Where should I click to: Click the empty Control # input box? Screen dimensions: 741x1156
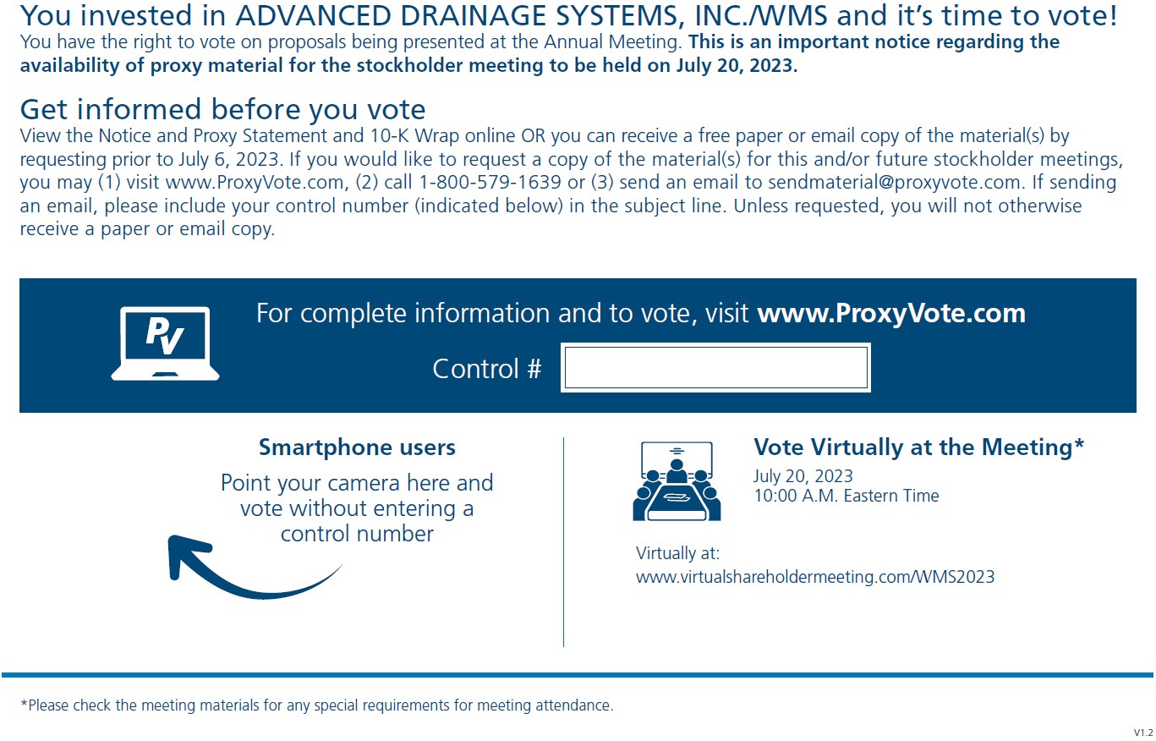tap(715, 368)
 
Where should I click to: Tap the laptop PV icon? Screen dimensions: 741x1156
tap(165, 343)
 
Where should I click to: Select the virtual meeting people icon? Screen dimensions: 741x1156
tap(677, 481)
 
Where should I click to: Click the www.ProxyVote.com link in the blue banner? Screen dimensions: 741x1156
tap(891, 314)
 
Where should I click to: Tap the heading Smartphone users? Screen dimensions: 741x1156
tap(357, 447)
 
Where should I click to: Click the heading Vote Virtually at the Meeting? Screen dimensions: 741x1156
tap(918, 447)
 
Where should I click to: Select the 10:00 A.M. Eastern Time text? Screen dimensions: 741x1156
tap(846, 496)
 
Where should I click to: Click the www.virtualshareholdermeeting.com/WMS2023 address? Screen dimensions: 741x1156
tap(815, 577)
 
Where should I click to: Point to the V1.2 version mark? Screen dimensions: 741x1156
tap(1142, 732)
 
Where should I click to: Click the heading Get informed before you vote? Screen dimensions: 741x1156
tap(222, 109)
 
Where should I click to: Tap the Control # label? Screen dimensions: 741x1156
tap(486, 369)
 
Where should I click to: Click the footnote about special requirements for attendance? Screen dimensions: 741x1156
tap(316, 705)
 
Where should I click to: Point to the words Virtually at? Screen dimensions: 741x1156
tap(677, 553)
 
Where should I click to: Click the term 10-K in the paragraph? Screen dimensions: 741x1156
tap(390, 136)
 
